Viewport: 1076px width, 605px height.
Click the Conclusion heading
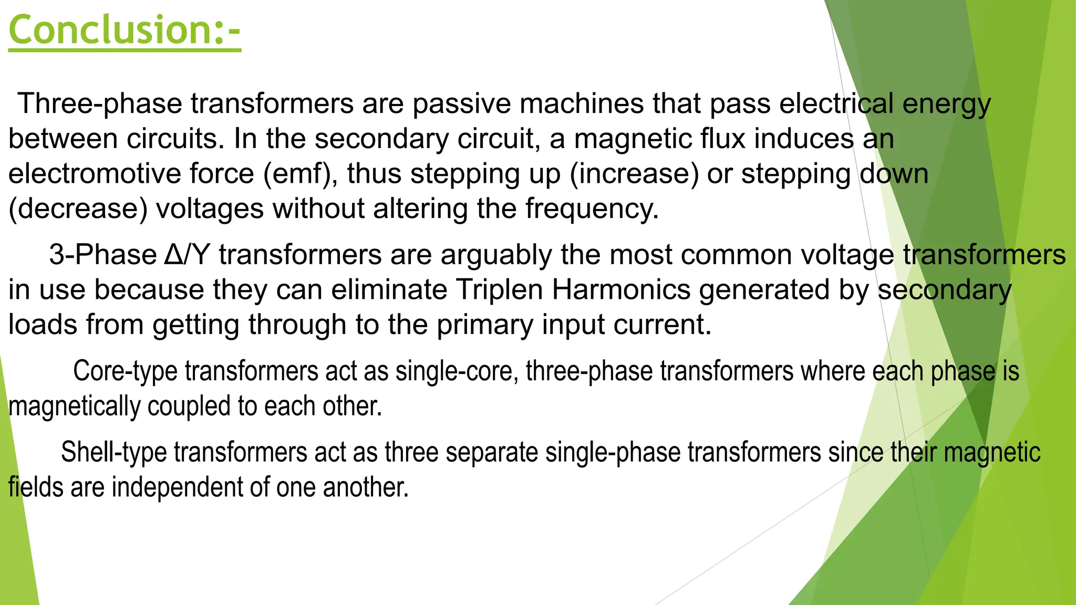pyautogui.click(x=125, y=30)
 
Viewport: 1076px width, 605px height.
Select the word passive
pyautogui.click(x=461, y=103)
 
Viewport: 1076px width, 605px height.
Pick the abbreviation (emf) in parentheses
pyautogui.click(x=301, y=174)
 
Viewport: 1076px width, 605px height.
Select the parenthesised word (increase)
pyautogui.click(x=634, y=174)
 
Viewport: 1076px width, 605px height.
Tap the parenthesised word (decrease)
pyautogui.click(x=78, y=209)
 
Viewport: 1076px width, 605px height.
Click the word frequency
pyautogui.click(x=592, y=209)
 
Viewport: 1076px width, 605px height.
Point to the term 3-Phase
pyautogui.click(x=103, y=255)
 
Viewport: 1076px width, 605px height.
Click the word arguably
pyautogui.click(x=496, y=255)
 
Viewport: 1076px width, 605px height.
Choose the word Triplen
pyautogui.click(x=499, y=290)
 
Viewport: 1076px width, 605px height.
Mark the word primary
pyautogui.click(x=485, y=325)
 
